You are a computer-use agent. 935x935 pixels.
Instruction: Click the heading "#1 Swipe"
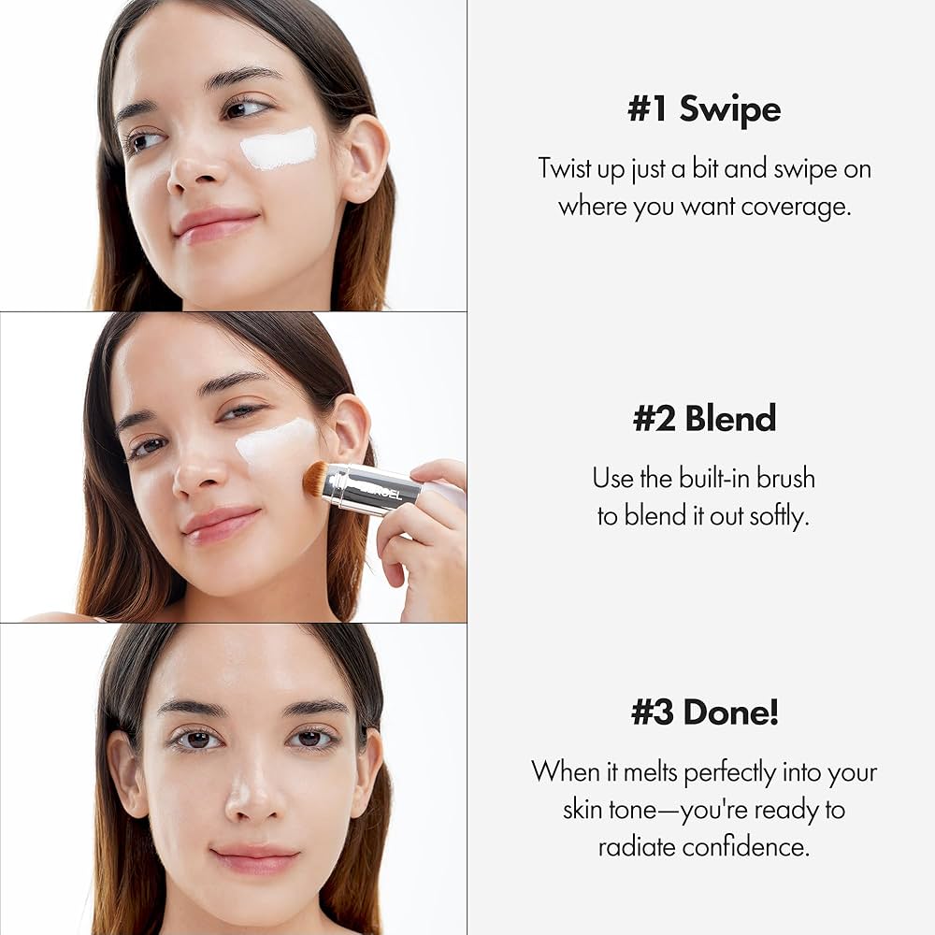coord(704,109)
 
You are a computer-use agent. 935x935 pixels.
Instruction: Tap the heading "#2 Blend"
coord(704,418)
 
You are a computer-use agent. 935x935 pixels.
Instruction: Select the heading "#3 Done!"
coord(704,712)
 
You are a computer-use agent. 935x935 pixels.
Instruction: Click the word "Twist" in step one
coord(566,169)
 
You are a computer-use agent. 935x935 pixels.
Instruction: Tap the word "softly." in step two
coord(778,517)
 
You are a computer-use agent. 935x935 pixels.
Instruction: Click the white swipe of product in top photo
coord(279,149)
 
